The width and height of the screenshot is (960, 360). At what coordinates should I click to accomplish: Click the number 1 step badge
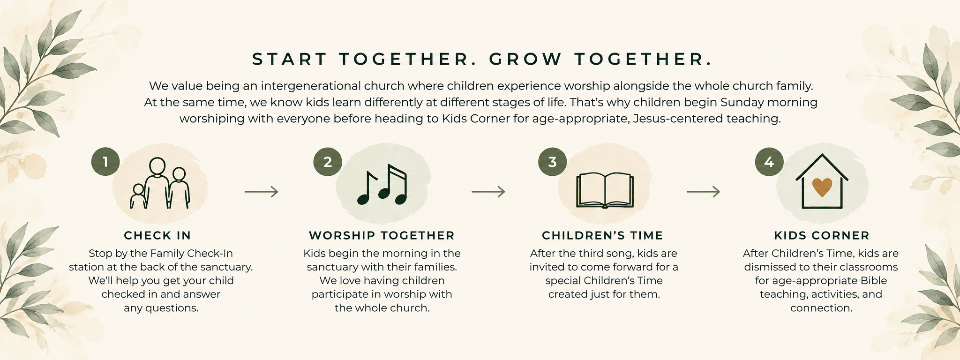(x=105, y=162)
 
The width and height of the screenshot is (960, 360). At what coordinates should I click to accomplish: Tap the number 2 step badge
(x=328, y=162)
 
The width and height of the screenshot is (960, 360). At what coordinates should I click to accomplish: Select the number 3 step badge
(x=553, y=162)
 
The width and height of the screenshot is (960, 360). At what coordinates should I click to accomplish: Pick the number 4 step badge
(x=769, y=162)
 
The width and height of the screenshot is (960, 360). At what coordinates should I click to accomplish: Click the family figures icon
(x=160, y=183)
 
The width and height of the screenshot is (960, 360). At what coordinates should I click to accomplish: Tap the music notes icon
(x=382, y=184)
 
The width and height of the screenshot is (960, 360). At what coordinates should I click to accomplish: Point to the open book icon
(x=605, y=190)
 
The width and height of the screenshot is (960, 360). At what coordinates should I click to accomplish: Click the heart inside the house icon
(x=822, y=187)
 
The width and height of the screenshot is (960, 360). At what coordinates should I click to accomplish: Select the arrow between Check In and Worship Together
(x=262, y=192)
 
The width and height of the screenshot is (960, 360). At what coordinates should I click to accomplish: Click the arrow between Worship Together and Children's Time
(x=488, y=192)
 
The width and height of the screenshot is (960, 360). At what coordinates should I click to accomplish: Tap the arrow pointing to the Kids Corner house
(x=704, y=192)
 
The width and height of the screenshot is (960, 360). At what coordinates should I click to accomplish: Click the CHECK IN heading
(x=157, y=235)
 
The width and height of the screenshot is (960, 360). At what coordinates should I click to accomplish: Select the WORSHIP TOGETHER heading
(x=382, y=235)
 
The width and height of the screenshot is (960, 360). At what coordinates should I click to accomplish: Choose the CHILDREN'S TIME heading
(x=603, y=235)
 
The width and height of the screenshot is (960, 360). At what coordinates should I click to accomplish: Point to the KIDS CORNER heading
(x=822, y=235)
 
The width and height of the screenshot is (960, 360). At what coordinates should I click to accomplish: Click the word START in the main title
(x=289, y=60)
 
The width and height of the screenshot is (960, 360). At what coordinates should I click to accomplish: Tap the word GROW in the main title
(x=525, y=60)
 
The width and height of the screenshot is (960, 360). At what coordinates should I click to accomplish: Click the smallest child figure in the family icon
(x=138, y=196)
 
